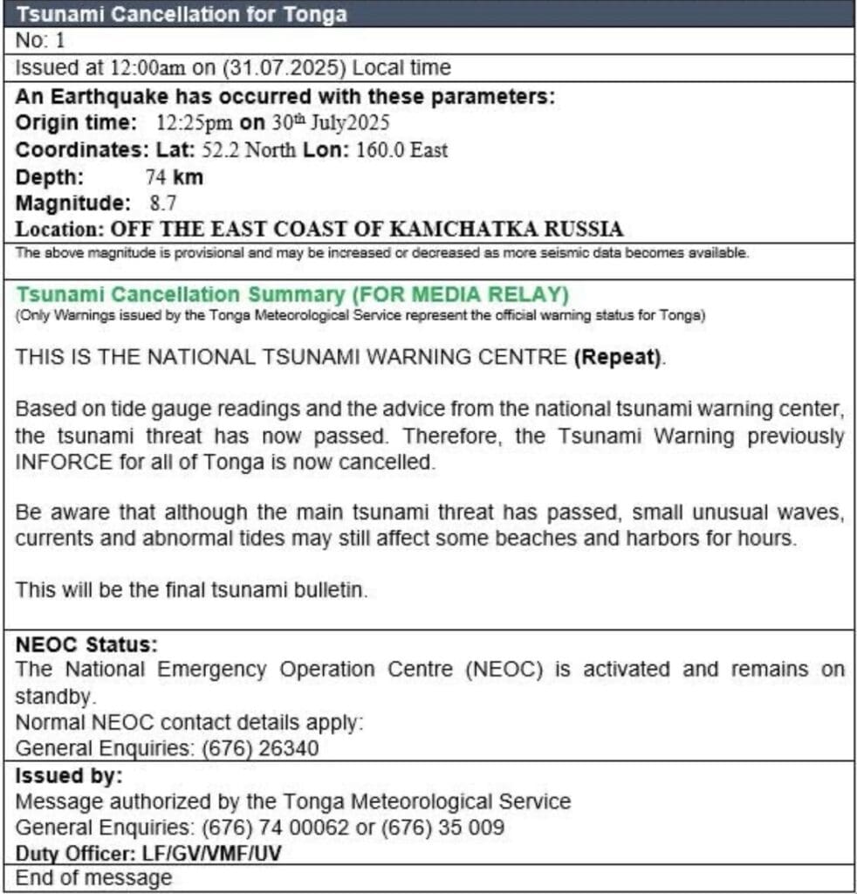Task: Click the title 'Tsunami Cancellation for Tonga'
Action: click(182, 14)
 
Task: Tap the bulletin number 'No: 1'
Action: click(41, 40)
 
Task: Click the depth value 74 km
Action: click(174, 176)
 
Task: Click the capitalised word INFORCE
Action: click(64, 462)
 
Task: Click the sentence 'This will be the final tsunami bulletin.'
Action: click(192, 590)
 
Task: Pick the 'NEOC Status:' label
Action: click(86, 645)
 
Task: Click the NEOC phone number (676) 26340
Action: click(260, 748)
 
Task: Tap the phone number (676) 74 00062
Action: click(273, 826)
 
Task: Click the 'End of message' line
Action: click(93, 877)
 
